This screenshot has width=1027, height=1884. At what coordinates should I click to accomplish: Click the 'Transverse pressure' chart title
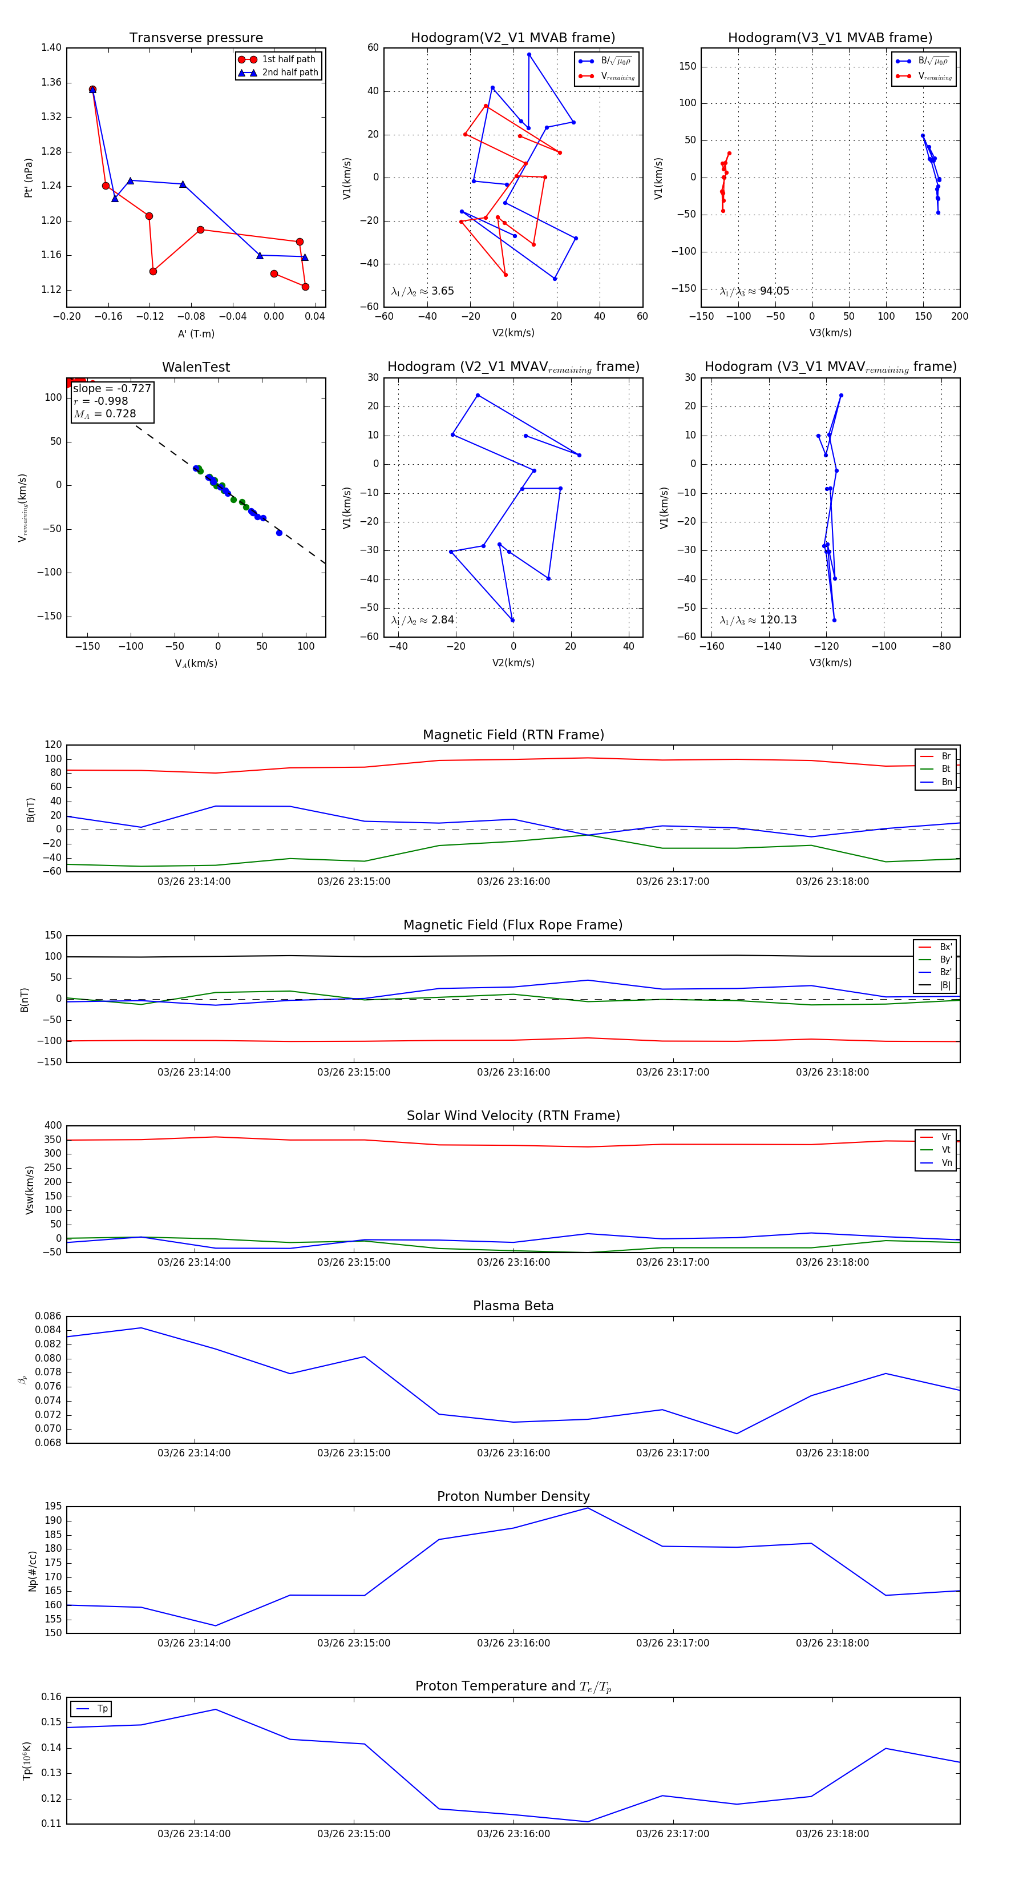pos(196,38)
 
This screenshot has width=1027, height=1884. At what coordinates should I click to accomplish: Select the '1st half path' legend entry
pos(288,59)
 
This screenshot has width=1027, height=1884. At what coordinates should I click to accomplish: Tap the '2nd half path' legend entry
pos(289,73)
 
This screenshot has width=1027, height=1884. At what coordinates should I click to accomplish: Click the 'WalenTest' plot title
pos(196,367)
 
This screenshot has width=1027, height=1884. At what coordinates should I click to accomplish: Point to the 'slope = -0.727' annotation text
pos(112,388)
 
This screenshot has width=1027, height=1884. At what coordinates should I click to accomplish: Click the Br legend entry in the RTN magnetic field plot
pos(945,756)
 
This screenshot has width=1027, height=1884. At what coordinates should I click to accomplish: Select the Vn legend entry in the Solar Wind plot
pos(946,1163)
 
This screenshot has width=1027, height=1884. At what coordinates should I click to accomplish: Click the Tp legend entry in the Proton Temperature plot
pos(102,1709)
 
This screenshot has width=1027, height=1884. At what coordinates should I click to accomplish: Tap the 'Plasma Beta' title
pos(513,1306)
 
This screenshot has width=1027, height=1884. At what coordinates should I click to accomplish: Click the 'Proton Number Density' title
pos(513,1496)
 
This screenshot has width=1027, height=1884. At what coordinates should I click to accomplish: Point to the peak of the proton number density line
pos(588,1508)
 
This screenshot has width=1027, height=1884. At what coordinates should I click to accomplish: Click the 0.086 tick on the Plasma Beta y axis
pos(48,1317)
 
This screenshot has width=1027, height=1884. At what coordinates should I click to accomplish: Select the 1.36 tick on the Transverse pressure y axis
pos(51,82)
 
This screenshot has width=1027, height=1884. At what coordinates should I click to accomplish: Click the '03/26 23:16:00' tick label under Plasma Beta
pos(513,1453)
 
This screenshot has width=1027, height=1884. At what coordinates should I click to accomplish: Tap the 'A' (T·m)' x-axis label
pos(196,334)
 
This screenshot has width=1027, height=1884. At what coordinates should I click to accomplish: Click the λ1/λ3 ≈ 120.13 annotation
pos(758,620)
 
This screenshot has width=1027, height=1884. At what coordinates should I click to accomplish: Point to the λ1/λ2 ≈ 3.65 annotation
pos(422,291)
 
